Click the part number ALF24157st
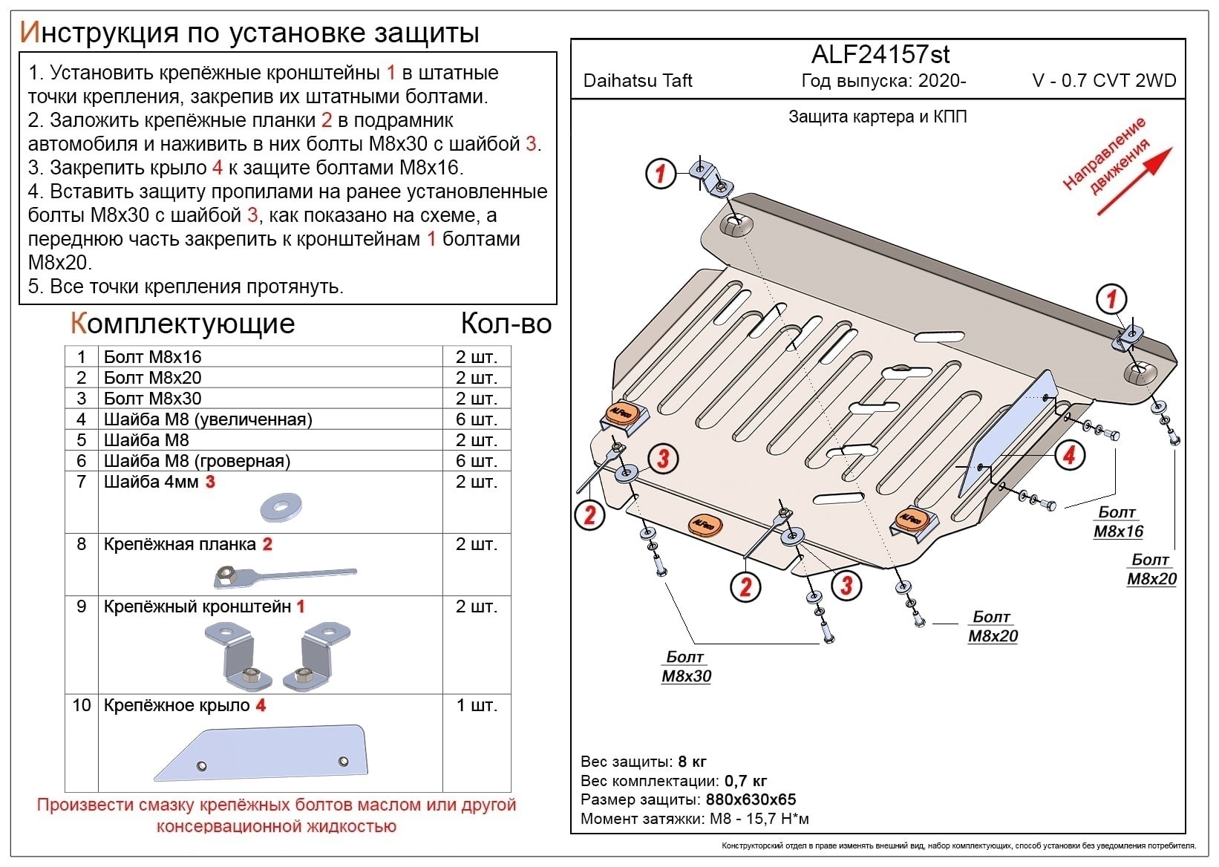point(880,54)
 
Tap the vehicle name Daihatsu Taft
point(637,81)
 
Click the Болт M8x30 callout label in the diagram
point(686,667)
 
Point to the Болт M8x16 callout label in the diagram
point(1118,522)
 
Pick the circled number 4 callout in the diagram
point(1068,454)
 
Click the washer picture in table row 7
point(280,508)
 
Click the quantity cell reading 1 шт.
point(476,705)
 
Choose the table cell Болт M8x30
point(152,399)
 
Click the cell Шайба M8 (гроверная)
point(197,461)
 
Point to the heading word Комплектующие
point(183,324)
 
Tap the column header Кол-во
point(506,324)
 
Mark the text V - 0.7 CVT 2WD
point(1104,81)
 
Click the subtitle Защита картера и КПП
point(877,117)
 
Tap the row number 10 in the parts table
point(82,705)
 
